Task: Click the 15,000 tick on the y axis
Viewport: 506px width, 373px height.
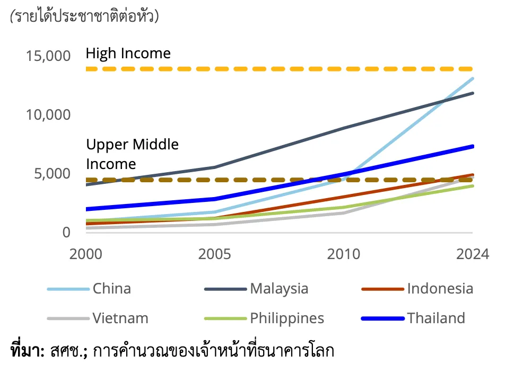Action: [48, 56]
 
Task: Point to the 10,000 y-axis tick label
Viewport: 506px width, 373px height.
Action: [48, 114]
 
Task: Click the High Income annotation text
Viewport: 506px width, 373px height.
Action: [128, 54]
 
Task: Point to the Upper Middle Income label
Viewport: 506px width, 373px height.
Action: [132, 154]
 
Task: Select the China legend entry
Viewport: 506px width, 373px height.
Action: [111, 289]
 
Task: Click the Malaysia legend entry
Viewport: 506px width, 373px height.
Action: [279, 289]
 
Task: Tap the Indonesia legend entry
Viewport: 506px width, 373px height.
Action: [440, 289]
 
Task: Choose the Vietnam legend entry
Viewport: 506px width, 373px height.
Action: [120, 318]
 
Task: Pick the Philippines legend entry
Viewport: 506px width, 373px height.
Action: [287, 318]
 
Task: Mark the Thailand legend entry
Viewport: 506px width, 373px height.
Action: [436, 318]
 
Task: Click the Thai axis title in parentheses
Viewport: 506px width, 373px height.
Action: [84, 16]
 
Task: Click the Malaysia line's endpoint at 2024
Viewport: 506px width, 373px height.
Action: [473, 93]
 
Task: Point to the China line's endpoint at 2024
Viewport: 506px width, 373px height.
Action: [473, 78]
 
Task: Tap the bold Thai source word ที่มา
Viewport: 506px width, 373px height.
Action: [27, 350]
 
